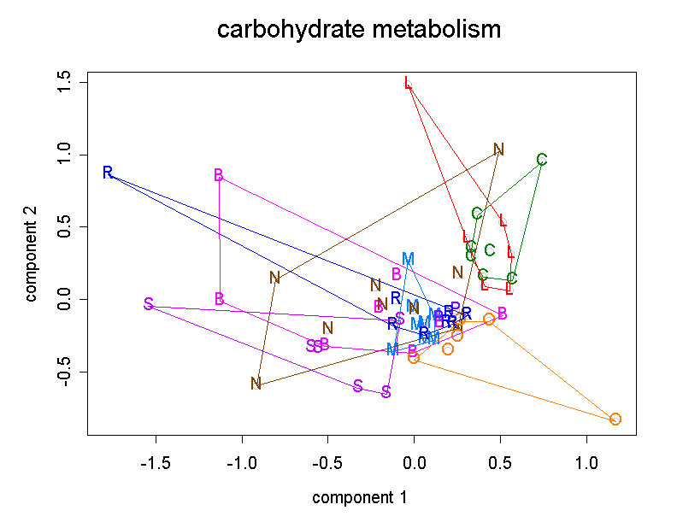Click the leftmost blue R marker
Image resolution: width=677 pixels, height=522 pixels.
(108, 173)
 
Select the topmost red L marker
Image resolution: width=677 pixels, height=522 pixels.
(409, 83)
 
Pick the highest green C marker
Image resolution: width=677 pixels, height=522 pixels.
(542, 160)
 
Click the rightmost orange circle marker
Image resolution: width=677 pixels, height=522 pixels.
(615, 419)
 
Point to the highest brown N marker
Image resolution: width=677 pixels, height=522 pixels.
(499, 150)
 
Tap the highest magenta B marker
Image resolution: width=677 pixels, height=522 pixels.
(219, 175)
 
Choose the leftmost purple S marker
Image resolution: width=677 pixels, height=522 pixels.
(149, 304)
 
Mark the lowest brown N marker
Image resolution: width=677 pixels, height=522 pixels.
(256, 384)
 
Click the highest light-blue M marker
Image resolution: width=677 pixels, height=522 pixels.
(408, 259)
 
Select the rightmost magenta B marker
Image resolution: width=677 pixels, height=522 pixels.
(502, 314)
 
